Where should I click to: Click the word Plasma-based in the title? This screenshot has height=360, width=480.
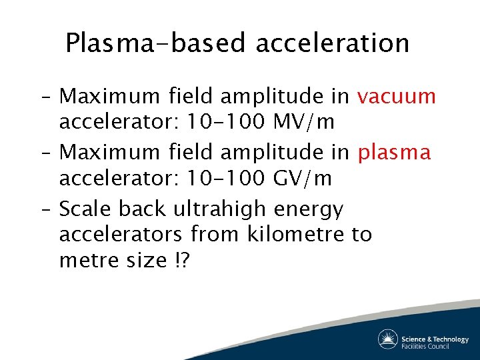[156, 43]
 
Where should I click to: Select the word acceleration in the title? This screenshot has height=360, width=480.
[332, 43]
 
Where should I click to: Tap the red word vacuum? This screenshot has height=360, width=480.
[396, 97]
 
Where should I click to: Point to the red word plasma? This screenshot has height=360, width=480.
[395, 153]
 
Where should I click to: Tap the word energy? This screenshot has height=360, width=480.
[309, 210]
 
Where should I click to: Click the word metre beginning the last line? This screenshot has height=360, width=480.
[87, 260]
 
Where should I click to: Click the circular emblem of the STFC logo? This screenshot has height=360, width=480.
[387, 339]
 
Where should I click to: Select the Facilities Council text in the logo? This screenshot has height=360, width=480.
[425, 346]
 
